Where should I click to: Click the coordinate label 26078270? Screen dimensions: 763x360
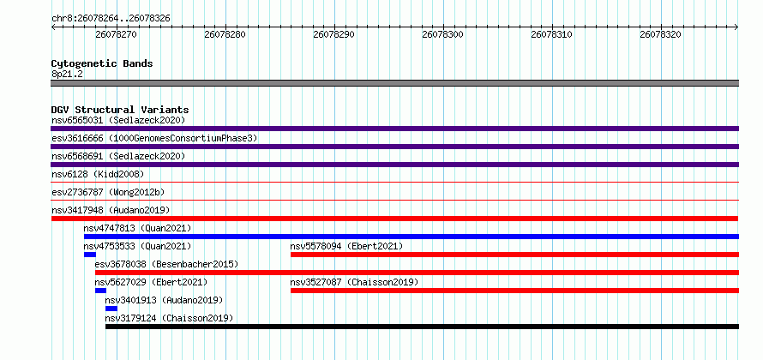tap(116, 34)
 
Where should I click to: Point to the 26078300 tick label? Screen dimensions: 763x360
tap(442, 34)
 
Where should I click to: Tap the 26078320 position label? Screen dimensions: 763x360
tap(660, 34)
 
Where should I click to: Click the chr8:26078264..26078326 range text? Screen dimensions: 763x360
tap(111, 19)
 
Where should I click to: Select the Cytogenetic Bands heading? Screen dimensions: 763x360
tap(102, 63)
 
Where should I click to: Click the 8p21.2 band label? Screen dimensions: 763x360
tap(67, 74)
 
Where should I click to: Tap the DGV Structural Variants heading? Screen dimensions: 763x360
tap(120, 110)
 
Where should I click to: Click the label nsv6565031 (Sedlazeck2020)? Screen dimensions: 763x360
tap(118, 120)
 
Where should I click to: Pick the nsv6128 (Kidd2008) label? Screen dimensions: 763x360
tap(98, 174)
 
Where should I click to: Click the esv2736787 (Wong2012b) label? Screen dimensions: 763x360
tap(108, 192)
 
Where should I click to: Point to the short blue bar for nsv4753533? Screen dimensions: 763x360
tap(90, 255)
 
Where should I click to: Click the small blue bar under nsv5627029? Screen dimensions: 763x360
tap(100, 291)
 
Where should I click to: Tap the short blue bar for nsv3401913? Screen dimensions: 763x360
tap(111, 309)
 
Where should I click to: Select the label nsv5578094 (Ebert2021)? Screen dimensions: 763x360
tap(346, 246)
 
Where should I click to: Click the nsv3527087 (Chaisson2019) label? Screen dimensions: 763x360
tap(354, 282)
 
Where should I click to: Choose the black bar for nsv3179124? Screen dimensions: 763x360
tap(422, 327)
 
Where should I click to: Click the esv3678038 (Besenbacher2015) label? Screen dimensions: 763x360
tap(166, 264)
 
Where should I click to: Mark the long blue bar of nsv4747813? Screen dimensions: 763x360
tap(412, 237)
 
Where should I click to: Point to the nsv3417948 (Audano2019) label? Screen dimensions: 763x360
tap(111, 210)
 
